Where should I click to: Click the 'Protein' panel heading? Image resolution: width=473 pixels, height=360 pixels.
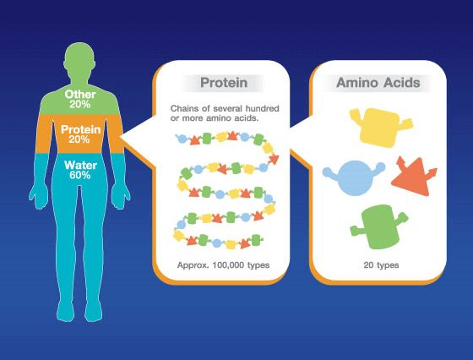coord(224,83)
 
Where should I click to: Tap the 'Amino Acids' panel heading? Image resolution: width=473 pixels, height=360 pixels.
coord(378,83)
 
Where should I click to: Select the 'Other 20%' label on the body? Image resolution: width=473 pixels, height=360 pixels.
coord(80,99)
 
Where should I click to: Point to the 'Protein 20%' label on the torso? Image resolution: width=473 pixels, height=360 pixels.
coord(80,134)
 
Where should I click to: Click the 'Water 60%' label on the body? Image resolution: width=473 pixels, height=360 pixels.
coord(80,170)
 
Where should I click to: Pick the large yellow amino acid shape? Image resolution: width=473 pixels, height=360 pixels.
coord(381,128)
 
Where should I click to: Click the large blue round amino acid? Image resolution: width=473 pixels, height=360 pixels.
coord(355,177)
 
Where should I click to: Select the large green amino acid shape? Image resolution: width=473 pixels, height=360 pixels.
coord(379,227)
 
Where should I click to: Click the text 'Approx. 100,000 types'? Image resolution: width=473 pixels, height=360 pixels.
coord(223,265)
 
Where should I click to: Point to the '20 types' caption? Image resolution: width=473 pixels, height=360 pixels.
coord(381,265)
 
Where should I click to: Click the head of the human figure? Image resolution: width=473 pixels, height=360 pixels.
coord(79,60)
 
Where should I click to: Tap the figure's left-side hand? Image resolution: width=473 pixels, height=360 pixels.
coord(39,196)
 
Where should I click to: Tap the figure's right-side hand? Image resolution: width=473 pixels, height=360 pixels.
coord(121,196)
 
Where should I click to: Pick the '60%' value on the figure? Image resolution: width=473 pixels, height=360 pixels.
coord(80,175)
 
